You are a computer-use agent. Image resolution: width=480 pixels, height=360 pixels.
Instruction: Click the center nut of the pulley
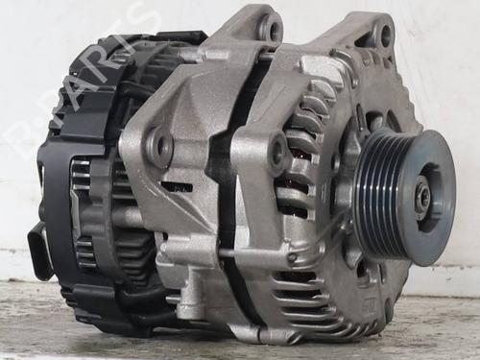coord(423,196)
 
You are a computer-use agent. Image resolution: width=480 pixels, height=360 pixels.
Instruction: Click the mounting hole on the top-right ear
coord(385,36)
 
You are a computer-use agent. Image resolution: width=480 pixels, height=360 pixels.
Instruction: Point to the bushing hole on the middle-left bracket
coord(159,147)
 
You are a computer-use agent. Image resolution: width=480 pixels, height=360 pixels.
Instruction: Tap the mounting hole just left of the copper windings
coord(277,149)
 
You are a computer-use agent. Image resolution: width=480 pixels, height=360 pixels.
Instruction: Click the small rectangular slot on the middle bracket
coord(177,186)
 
